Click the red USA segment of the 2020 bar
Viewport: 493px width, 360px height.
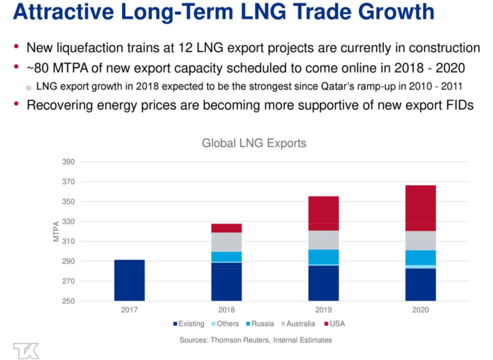click(420, 208)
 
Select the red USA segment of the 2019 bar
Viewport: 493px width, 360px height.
click(323, 213)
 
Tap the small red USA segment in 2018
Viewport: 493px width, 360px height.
click(226, 228)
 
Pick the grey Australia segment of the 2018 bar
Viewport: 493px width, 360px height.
click(226, 242)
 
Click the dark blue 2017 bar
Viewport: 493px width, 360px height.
click(129, 280)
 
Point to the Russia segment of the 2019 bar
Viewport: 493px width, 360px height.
click(323, 256)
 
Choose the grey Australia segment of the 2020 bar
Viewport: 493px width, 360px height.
click(420, 240)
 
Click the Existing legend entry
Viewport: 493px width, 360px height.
click(188, 324)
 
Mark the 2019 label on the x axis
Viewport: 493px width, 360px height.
click(323, 310)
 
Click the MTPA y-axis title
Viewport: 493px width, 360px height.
click(56, 232)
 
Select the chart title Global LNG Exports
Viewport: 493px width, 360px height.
click(254, 143)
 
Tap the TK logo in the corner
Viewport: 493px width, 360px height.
click(26, 351)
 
